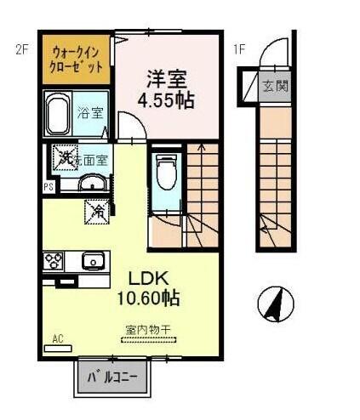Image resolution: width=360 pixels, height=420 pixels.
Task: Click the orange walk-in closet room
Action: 77,59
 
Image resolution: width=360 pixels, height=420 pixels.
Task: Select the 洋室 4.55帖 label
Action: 167,88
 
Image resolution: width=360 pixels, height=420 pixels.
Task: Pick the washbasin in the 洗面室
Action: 92,184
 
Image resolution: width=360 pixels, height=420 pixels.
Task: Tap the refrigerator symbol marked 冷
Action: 98,209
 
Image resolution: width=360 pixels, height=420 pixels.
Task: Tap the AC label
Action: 59,339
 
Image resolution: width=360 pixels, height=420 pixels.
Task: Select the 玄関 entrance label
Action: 274,85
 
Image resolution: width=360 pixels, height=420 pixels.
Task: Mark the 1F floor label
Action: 241,48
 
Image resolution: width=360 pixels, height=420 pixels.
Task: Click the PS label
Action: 49,186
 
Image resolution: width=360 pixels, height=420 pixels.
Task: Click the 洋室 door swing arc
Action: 133,129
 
